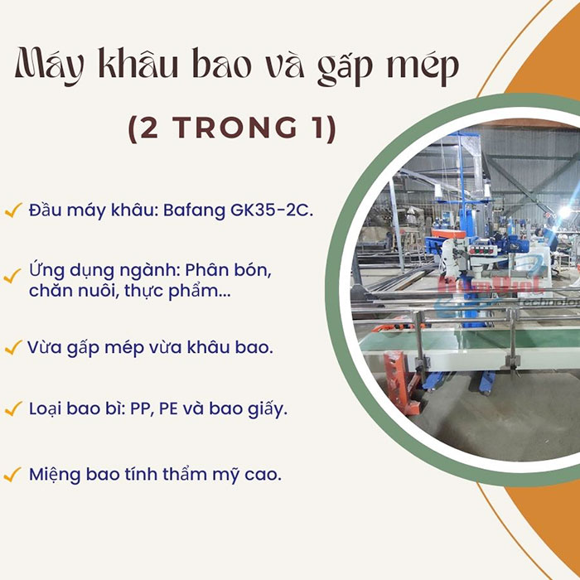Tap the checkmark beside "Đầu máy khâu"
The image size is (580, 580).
coord(12,211)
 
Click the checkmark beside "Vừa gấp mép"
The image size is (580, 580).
coord(12,348)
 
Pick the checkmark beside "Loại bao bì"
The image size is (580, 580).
coord(12,409)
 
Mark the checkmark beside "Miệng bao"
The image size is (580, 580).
coord(12,476)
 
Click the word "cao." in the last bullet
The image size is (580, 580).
coord(263,475)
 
